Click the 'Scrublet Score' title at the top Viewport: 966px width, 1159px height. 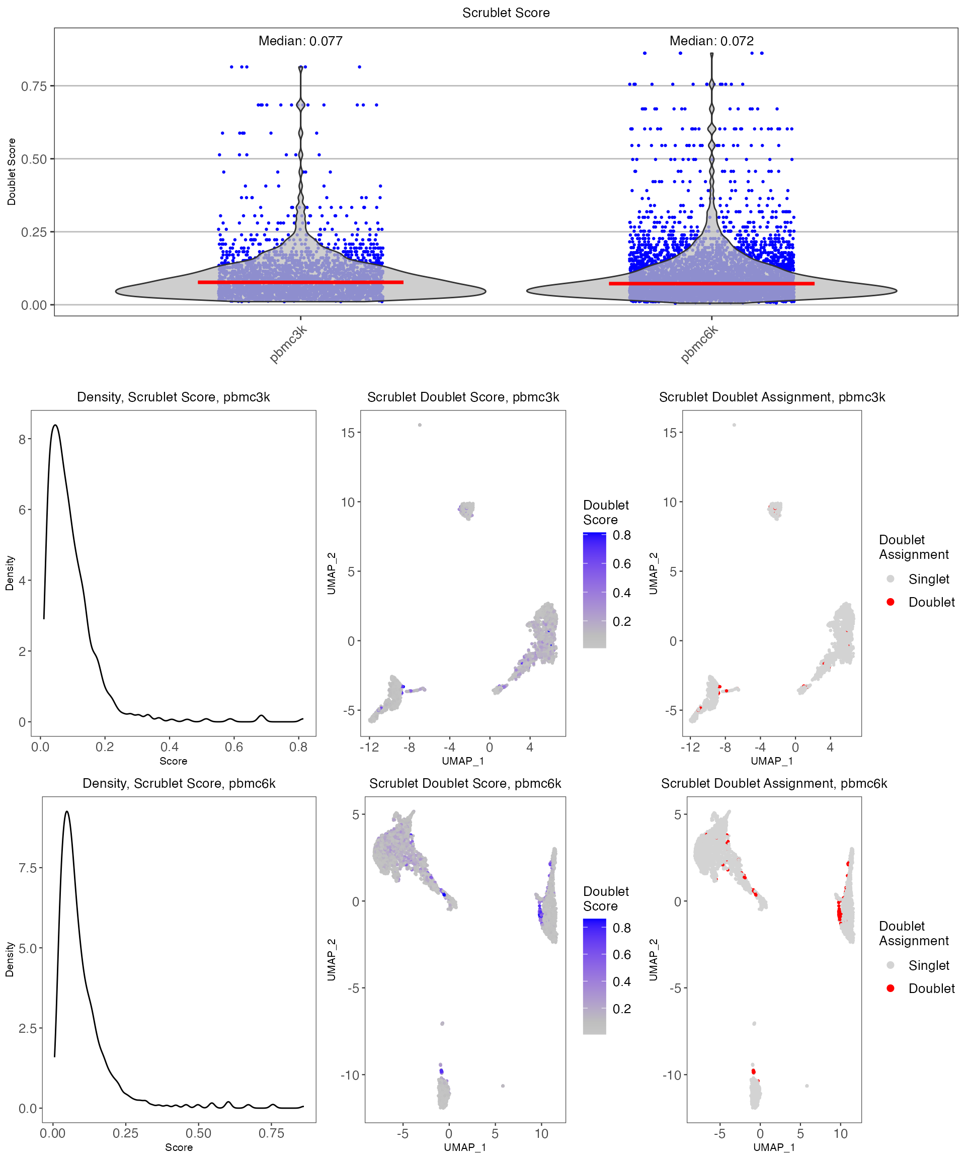(506, 13)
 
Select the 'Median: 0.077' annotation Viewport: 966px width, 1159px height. (300, 41)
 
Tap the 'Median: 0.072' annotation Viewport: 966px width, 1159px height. (711, 41)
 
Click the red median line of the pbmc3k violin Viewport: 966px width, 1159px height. (300, 282)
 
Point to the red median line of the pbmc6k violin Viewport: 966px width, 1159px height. (711, 284)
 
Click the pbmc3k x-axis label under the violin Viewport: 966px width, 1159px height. (288, 345)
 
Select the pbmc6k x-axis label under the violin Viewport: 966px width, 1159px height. (699, 345)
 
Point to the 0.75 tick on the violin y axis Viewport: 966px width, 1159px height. (34, 86)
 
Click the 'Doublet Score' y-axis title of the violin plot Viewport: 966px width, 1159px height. (12, 172)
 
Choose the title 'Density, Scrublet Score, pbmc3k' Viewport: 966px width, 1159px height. (174, 397)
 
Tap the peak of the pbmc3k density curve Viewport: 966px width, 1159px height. (55, 425)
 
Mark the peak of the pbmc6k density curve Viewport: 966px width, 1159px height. (67, 811)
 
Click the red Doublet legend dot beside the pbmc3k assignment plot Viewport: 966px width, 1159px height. (891, 602)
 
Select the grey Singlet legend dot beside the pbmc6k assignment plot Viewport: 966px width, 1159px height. (891, 965)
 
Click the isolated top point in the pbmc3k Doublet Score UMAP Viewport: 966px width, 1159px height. (420, 425)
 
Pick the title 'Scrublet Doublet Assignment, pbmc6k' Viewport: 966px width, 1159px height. (774, 783)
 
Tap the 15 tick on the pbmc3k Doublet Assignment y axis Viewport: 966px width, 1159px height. (670, 433)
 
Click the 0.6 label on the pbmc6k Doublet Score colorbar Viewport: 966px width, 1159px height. (621, 954)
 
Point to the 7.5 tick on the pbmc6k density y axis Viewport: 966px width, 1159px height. (28, 868)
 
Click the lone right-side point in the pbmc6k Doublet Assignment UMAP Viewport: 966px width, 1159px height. (807, 1085)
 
